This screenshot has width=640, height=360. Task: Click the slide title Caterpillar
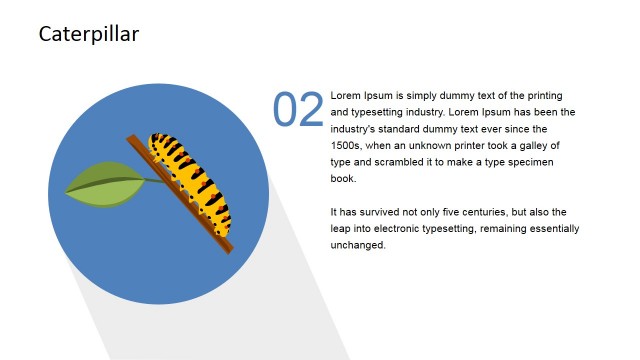pyautogui.click(x=88, y=35)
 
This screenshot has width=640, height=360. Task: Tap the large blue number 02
pyautogui.click(x=298, y=110)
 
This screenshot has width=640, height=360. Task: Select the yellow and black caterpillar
pyautogui.click(x=190, y=175)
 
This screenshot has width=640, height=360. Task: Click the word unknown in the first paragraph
pyautogui.click(x=454, y=145)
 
